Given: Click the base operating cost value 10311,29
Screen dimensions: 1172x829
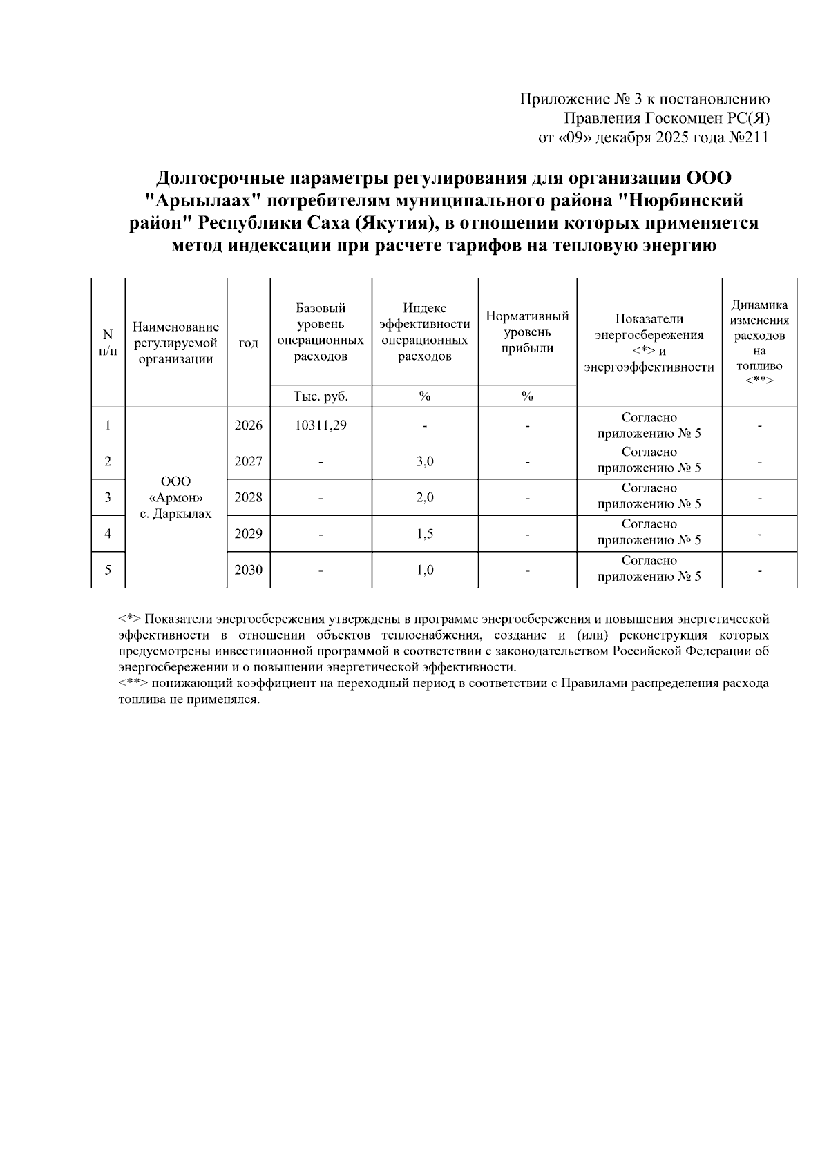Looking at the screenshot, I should pyautogui.click(x=321, y=425).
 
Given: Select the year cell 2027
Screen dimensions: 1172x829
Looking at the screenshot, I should pyautogui.click(x=248, y=461).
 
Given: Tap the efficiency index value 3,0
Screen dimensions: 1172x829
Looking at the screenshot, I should pyautogui.click(x=425, y=461).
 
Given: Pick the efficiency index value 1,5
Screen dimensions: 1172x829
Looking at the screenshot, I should pyautogui.click(x=425, y=534).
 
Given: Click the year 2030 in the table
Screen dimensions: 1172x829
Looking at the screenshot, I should pyautogui.click(x=248, y=570).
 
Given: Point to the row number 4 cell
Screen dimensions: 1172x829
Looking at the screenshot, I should pyautogui.click(x=108, y=534).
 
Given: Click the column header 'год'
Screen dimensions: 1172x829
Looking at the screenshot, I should pyautogui.click(x=248, y=343).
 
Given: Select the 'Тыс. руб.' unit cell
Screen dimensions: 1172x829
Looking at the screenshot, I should pyautogui.click(x=321, y=396).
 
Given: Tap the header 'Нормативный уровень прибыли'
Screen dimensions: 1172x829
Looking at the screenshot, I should pyautogui.click(x=527, y=332).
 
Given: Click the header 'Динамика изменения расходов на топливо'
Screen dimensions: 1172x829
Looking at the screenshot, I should pyautogui.click(x=759, y=343).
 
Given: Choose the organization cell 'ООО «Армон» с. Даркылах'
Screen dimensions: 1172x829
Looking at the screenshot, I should pyautogui.click(x=175, y=497).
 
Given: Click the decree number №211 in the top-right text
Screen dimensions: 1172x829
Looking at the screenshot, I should pyautogui.click(x=749, y=137).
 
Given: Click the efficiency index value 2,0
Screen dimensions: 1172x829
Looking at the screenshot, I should pyautogui.click(x=425, y=497).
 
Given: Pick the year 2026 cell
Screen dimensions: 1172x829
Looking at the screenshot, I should pyautogui.click(x=248, y=425).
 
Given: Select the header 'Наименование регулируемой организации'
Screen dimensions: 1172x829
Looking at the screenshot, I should pyautogui.click(x=175, y=343).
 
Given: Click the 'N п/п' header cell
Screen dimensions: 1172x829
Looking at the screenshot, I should pyautogui.click(x=108, y=343).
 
